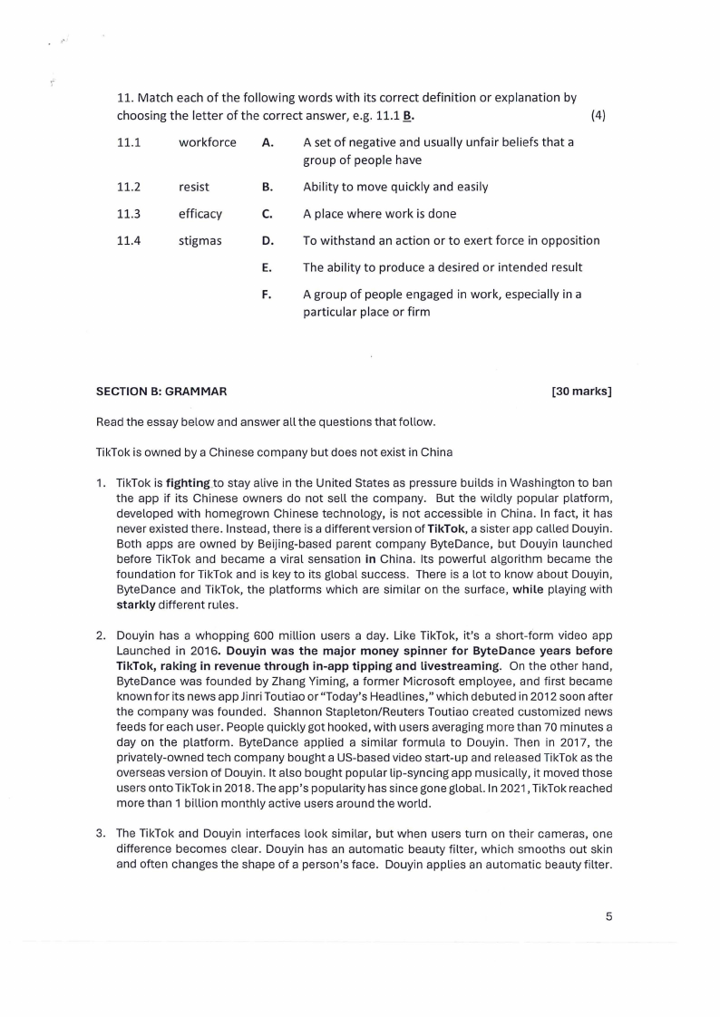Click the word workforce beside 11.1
coord(208,143)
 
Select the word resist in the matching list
coord(194,187)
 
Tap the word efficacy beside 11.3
coord(200,214)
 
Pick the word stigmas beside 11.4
coord(200,241)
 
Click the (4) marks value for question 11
coord(598,116)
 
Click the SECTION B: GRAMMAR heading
coord(161,392)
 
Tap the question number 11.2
coord(129,187)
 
